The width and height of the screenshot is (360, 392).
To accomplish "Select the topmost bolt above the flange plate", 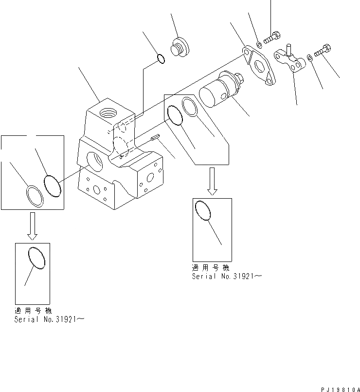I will (x=271, y=36).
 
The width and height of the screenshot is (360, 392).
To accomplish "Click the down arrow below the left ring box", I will (x=32, y=226).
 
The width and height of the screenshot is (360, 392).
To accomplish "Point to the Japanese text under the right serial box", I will (x=210, y=268).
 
